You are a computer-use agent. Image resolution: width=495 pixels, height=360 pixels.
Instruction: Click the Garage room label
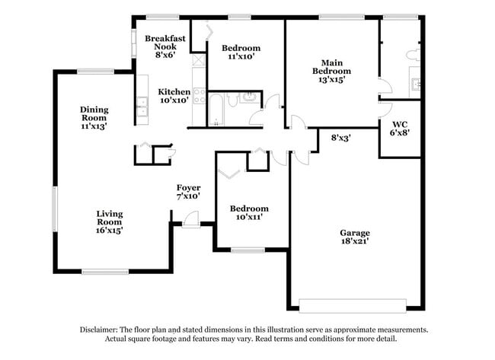[355, 233]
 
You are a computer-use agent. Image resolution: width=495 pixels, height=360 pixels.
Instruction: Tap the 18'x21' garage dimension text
[355, 241]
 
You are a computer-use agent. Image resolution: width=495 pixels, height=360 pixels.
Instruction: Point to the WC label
[400, 123]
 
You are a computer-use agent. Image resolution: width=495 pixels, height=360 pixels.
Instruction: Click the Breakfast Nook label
[166, 42]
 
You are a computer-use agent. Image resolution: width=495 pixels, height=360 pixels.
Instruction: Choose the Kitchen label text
[174, 91]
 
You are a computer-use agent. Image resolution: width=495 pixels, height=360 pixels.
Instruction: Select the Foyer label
[188, 187]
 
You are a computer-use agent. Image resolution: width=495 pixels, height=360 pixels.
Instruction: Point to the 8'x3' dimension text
[341, 138]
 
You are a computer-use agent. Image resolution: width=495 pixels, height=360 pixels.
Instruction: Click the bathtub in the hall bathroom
[216, 109]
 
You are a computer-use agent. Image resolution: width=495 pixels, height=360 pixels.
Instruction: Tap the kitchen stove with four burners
[200, 96]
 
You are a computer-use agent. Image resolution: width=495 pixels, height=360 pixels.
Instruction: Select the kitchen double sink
[142, 102]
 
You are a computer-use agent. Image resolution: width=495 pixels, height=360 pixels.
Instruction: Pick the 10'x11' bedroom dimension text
[249, 217]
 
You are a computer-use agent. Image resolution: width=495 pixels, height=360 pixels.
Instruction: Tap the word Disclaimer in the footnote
[102, 330]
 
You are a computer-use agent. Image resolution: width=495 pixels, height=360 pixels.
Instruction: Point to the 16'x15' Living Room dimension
[109, 229]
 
